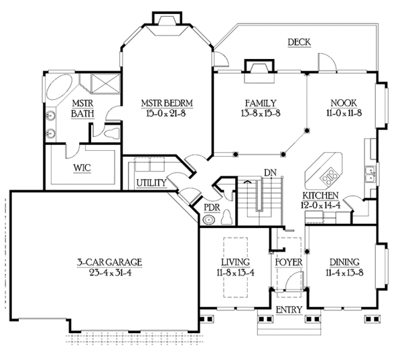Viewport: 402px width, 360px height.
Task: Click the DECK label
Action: pos(299,42)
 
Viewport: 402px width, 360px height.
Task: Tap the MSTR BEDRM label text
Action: pos(167,103)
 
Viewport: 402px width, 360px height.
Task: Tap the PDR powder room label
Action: pos(210,208)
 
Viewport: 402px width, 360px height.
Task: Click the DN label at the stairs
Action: pos(269,172)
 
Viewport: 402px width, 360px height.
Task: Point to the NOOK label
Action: pos(343,103)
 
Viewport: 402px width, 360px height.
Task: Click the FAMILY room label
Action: pos(260,103)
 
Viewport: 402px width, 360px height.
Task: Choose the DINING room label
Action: pos(343,261)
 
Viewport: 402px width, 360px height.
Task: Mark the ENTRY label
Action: pos(289,310)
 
